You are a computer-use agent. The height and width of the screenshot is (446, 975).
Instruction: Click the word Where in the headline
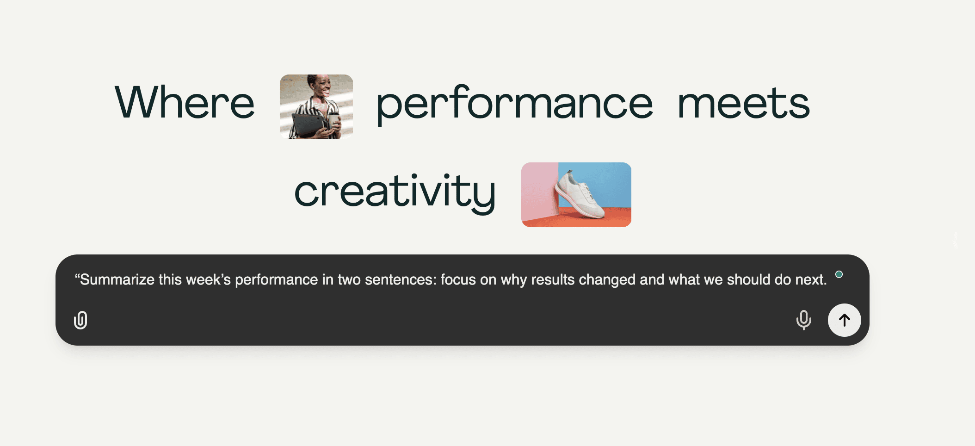point(185,102)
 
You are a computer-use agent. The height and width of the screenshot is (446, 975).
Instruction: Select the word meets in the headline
point(743,103)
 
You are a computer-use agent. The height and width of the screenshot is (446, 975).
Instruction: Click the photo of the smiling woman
point(316,107)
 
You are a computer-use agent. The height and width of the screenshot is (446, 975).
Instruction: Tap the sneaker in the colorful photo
point(580,195)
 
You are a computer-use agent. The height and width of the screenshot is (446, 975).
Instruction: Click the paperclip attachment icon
point(80,320)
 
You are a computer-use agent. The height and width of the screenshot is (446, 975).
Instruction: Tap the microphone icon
point(804,320)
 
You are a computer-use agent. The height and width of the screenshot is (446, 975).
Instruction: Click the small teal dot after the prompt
point(839,274)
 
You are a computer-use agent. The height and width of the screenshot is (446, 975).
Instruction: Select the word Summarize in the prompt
point(117,279)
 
